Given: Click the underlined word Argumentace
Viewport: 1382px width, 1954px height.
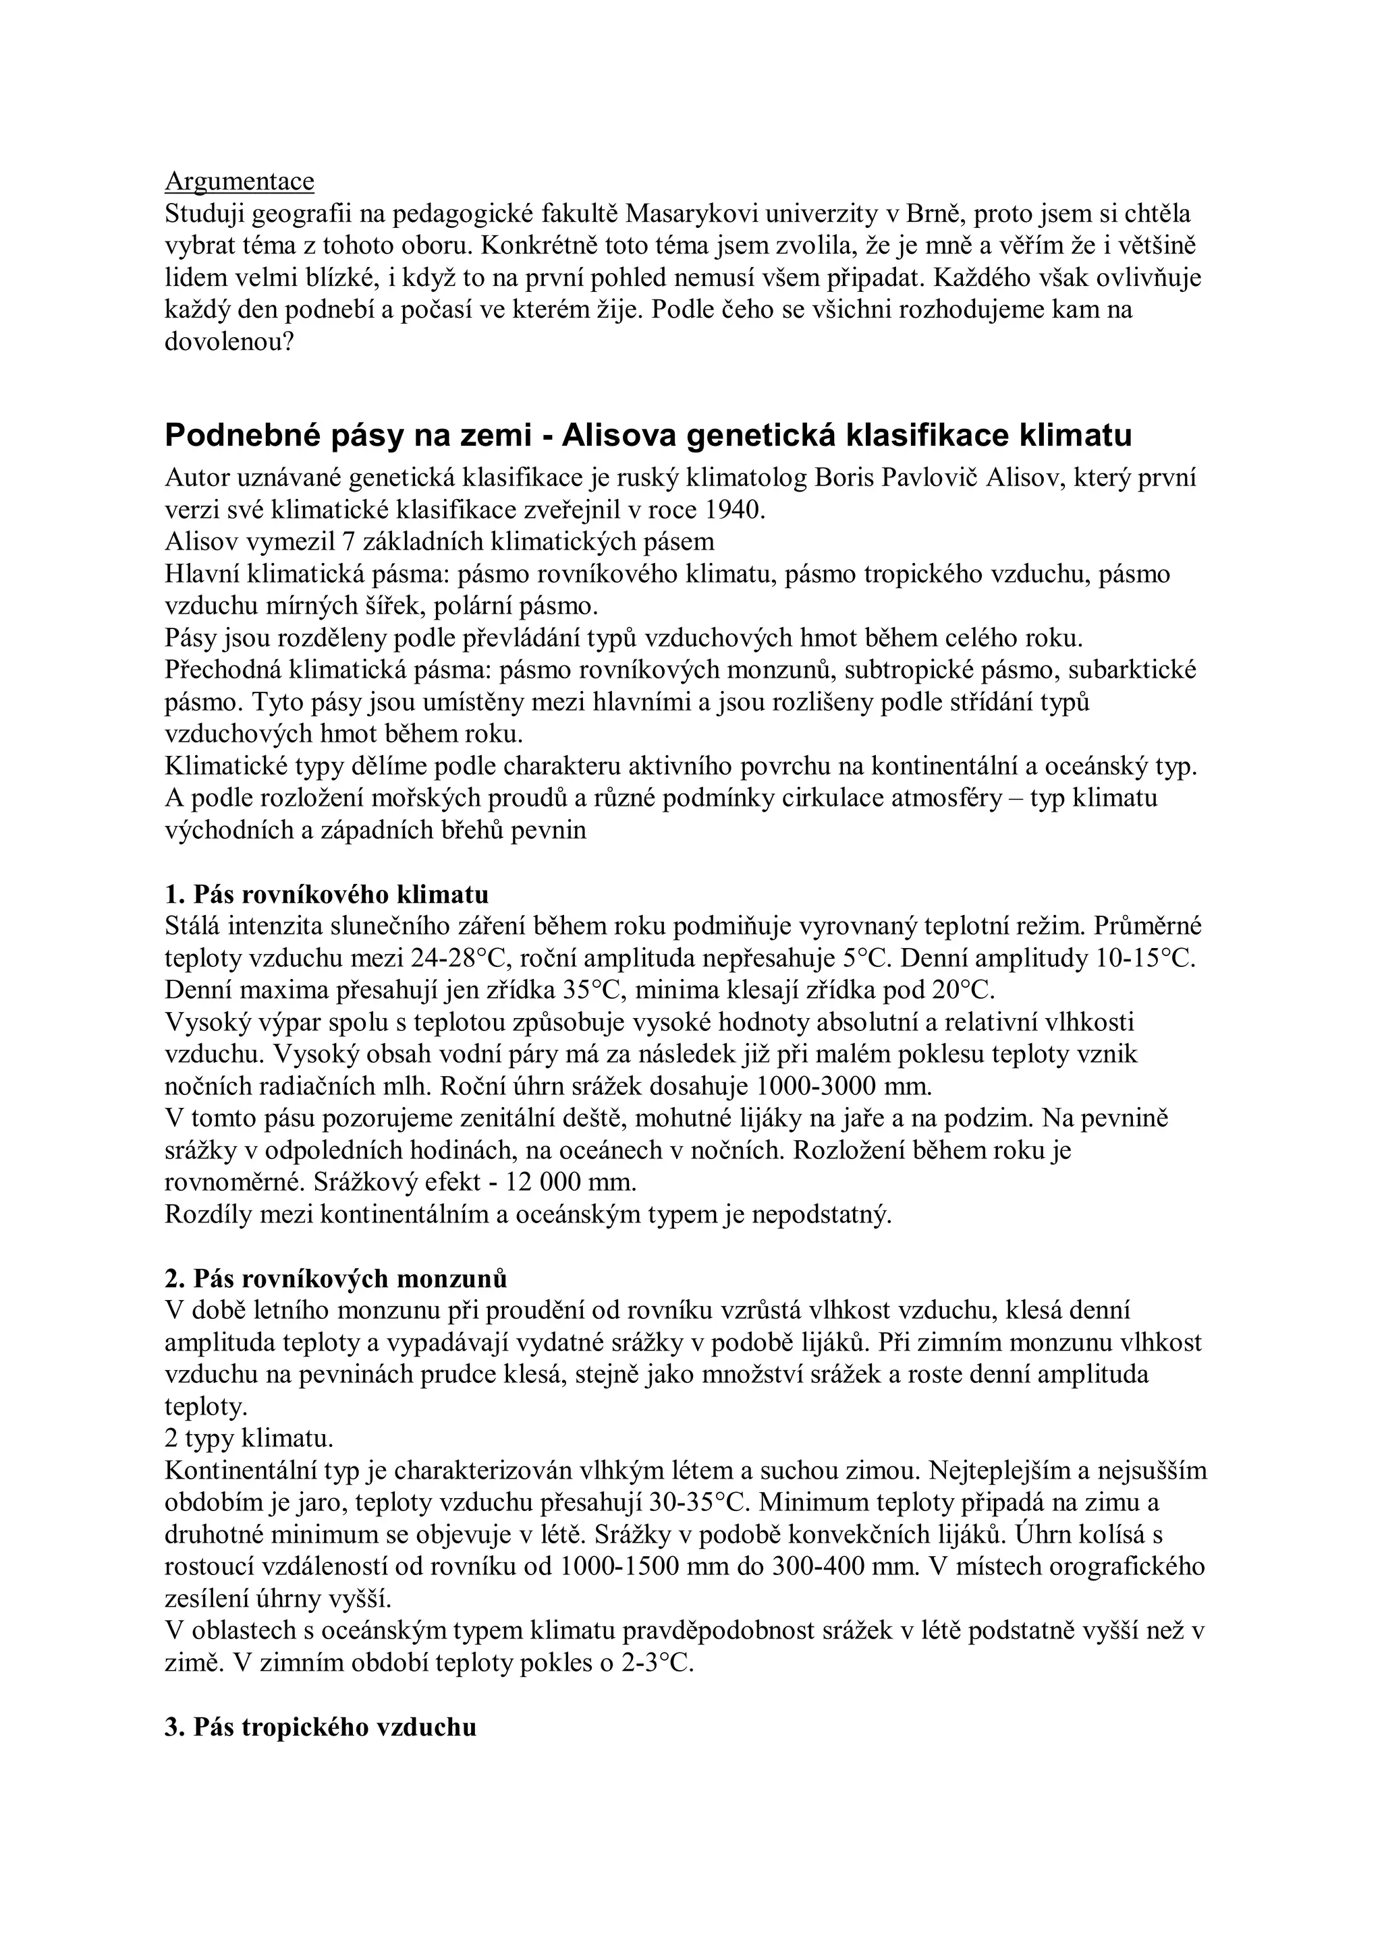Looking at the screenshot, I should (x=240, y=181).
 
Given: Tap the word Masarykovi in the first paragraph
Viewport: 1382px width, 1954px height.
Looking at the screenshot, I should (x=701, y=214).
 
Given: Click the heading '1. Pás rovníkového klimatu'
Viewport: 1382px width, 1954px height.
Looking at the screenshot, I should (x=327, y=895).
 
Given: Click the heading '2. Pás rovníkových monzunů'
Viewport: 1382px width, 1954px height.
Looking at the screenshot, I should (x=336, y=1278).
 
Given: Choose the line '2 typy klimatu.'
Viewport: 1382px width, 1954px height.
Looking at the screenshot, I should (x=248, y=1439).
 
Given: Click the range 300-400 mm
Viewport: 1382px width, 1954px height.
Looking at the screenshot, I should (x=810, y=1567).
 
